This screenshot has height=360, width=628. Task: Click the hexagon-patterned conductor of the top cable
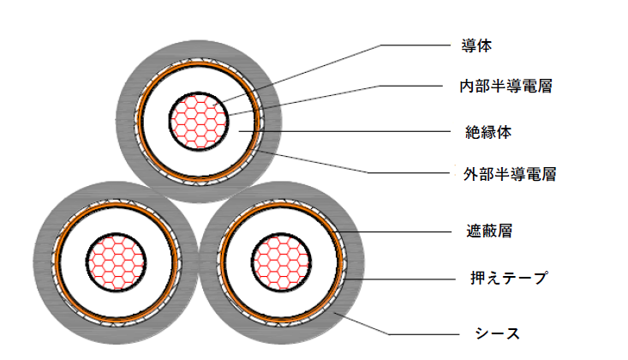click(198, 120)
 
